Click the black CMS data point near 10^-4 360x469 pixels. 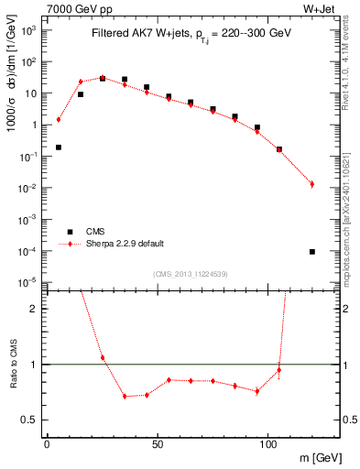(312, 251)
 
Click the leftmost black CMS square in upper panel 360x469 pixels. (59, 147)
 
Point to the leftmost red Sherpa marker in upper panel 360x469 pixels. (59, 119)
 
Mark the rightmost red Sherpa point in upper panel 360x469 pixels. (312, 184)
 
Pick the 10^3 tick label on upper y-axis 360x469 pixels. (29, 29)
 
